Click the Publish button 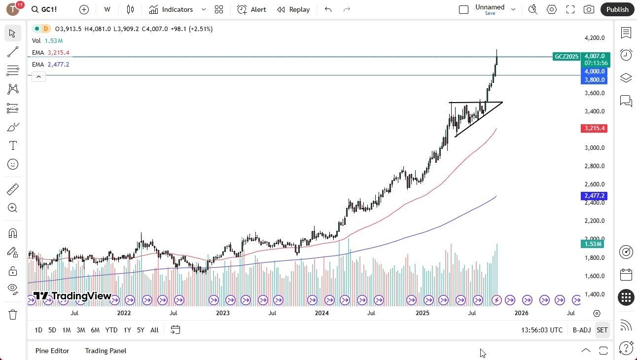(x=617, y=9)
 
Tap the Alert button (x=251, y=9)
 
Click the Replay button (x=293, y=9)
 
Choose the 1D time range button (x=38, y=330)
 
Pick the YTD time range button (x=111, y=330)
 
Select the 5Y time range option (x=141, y=330)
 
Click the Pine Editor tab (x=52, y=351)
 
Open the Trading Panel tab (x=106, y=351)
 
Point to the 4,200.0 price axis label (x=594, y=38)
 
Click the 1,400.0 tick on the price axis (x=594, y=294)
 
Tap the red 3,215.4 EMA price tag (x=595, y=128)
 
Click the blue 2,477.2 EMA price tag (x=595, y=196)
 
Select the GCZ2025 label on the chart (x=566, y=57)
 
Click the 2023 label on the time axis (x=222, y=313)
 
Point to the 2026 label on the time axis (x=521, y=313)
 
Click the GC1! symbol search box (x=44, y=9)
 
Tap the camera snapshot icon (x=589, y=9)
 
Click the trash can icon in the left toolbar (x=13, y=315)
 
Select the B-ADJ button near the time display (x=582, y=330)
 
